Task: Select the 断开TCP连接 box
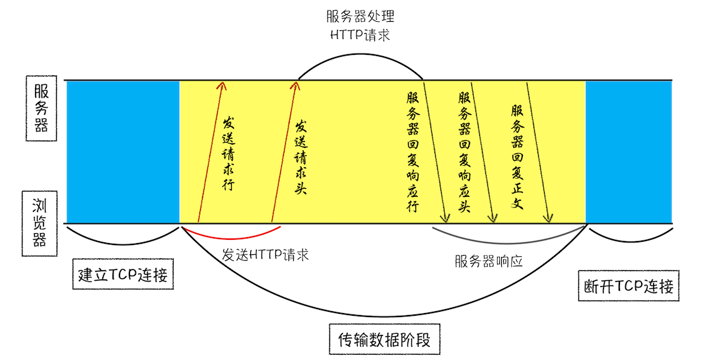click(x=629, y=286)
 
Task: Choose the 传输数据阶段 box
click(x=384, y=340)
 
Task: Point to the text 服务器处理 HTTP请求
click(x=360, y=25)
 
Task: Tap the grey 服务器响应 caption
click(x=489, y=260)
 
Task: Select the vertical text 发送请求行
click(x=228, y=153)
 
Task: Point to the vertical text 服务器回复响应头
click(x=464, y=152)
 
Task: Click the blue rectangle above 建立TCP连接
click(x=123, y=152)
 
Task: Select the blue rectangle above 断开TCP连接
click(x=629, y=152)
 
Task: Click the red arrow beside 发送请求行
click(x=211, y=152)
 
